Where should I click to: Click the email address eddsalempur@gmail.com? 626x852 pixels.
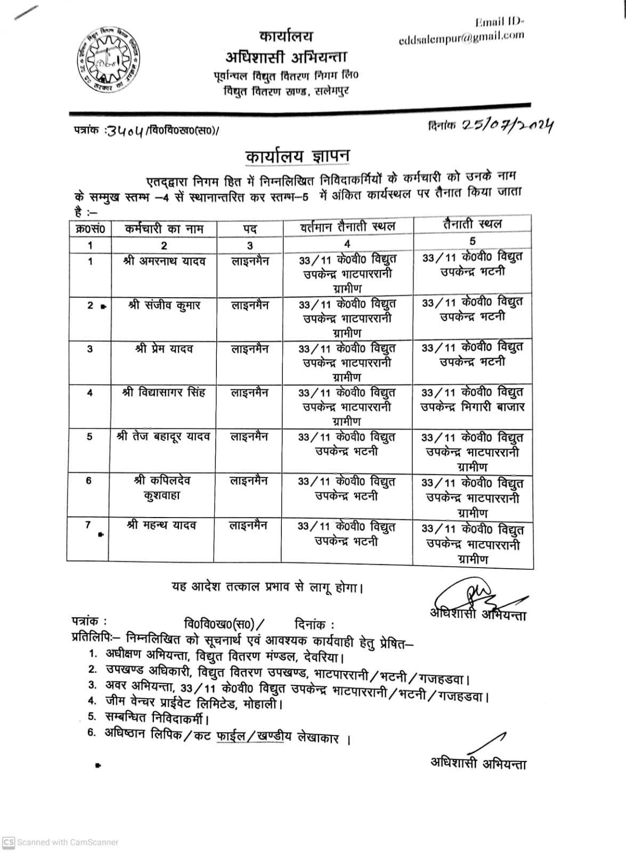click(x=461, y=38)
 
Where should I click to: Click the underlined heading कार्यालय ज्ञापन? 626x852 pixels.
click(x=297, y=156)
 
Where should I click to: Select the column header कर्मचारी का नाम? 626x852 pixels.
click(x=164, y=229)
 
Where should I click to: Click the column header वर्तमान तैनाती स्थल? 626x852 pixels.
click(x=347, y=227)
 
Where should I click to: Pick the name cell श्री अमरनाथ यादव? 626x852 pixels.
click(x=164, y=261)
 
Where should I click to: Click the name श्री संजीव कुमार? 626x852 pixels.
click(x=164, y=306)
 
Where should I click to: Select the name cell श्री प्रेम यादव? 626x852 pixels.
click(x=164, y=349)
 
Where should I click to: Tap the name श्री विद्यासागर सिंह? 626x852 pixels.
click(x=164, y=393)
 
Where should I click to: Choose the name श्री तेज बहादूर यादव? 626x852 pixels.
click(x=164, y=437)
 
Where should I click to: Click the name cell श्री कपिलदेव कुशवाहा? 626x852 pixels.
click(x=164, y=488)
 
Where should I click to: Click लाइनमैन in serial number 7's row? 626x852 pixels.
click(x=249, y=525)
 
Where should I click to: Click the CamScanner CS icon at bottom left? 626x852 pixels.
click(x=9, y=842)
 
